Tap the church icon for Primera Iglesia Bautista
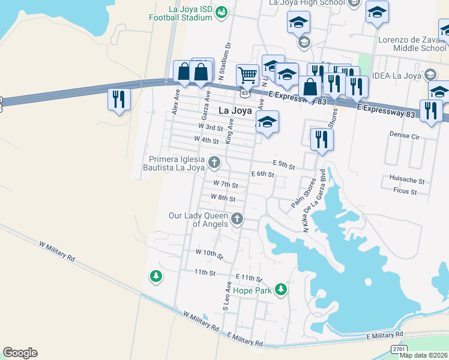point(213,162)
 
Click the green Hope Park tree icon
point(281,290)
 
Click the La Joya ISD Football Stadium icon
point(221,11)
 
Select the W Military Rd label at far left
point(57,251)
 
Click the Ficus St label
point(405,191)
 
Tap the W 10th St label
point(209,254)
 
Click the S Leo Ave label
point(227,295)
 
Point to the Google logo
point(20,353)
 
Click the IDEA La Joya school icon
point(430,76)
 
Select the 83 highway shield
point(244,94)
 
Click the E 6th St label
point(263,174)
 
